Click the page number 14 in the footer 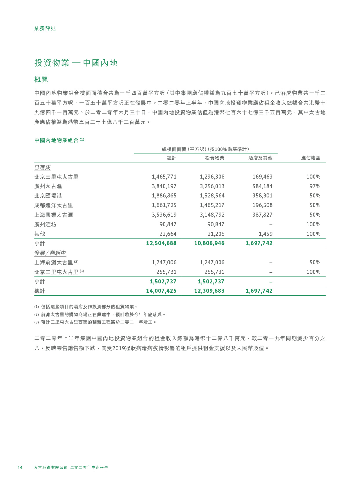click(x=20, y=468)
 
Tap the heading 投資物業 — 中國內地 click(x=76, y=63)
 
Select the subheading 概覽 click(x=41, y=79)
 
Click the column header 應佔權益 click(x=310, y=158)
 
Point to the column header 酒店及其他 click(x=260, y=158)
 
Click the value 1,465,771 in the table click(x=164, y=177)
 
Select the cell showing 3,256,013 click(x=212, y=186)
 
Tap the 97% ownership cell click(x=315, y=186)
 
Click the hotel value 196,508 click(x=262, y=205)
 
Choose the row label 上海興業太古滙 click(x=54, y=215)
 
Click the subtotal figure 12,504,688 click(x=161, y=243)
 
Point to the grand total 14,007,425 click(x=161, y=291)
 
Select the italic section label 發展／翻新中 click(x=50, y=253)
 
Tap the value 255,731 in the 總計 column click(x=166, y=272)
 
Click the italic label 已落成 click(x=42, y=167)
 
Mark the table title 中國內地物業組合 click(x=56, y=140)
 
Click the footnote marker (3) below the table click(x=37, y=322)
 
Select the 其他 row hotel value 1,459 click(x=265, y=234)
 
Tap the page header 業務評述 click(x=45, y=28)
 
